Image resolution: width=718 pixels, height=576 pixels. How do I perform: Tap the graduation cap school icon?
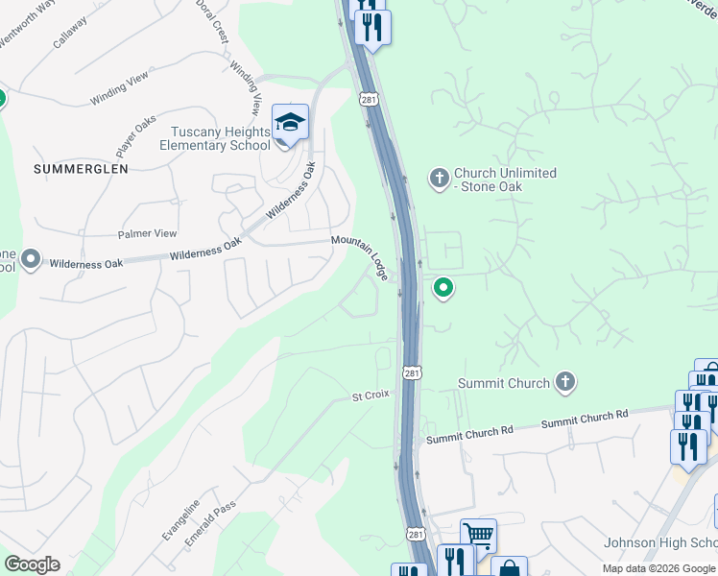pos(290,123)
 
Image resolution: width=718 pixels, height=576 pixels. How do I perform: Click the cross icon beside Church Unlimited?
pos(440,179)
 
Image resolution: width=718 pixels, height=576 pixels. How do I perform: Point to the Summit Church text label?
pos(503,383)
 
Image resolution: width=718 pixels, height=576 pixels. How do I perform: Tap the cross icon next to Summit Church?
pos(565,383)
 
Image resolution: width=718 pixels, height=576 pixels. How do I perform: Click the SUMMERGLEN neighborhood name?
pos(81,168)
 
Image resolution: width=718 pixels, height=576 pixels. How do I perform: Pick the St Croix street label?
pos(369,396)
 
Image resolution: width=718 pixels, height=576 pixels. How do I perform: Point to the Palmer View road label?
pos(147,233)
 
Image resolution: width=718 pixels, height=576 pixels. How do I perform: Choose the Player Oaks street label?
pos(135,136)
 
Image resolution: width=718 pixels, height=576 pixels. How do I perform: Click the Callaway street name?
pos(70,36)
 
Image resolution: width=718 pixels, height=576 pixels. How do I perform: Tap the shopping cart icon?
pos(478,534)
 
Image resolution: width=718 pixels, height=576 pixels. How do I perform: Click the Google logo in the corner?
pos(32,564)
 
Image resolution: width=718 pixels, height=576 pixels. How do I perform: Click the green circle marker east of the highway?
pos(443,287)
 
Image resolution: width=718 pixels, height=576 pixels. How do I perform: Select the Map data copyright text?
pos(658,568)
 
